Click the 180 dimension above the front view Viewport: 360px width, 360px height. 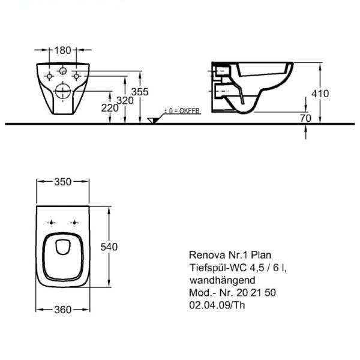(62, 50)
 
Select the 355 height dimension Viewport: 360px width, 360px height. (140, 92)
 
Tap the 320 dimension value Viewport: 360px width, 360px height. (125, 101)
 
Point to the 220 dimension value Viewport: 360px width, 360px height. (110, 108)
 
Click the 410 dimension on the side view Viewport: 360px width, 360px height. (320, 94)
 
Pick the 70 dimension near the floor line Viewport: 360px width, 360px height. (305, 118)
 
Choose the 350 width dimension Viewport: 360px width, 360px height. (62, 182)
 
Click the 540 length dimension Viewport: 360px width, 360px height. (109, 247)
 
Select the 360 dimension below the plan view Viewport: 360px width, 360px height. (62, 310)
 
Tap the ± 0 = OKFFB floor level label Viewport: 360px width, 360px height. (182, 111)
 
